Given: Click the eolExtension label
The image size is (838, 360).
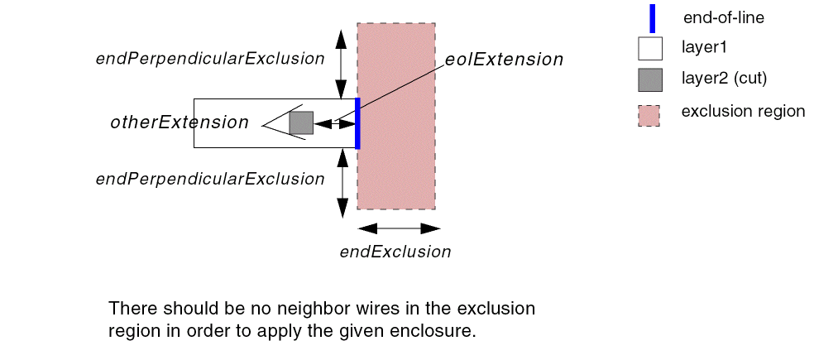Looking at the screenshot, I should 504,60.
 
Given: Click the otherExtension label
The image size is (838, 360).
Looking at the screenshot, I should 180,122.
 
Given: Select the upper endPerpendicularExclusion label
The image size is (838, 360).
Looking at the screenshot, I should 210,59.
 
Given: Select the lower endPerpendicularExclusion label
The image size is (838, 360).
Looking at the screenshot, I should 210,179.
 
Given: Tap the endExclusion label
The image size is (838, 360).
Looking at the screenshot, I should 395,252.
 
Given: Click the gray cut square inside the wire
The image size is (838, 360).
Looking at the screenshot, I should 301,122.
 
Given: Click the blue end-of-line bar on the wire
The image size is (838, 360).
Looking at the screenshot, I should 357,123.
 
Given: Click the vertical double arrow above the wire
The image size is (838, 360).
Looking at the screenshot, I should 340,64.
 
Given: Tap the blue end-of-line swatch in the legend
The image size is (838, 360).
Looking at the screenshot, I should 652,18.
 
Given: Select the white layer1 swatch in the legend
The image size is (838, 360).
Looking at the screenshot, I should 650,49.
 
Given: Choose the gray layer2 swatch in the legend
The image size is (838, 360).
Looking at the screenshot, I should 650,79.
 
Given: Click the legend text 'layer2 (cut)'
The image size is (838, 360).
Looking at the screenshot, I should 724,79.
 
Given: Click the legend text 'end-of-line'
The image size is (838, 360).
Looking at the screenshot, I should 724,18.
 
